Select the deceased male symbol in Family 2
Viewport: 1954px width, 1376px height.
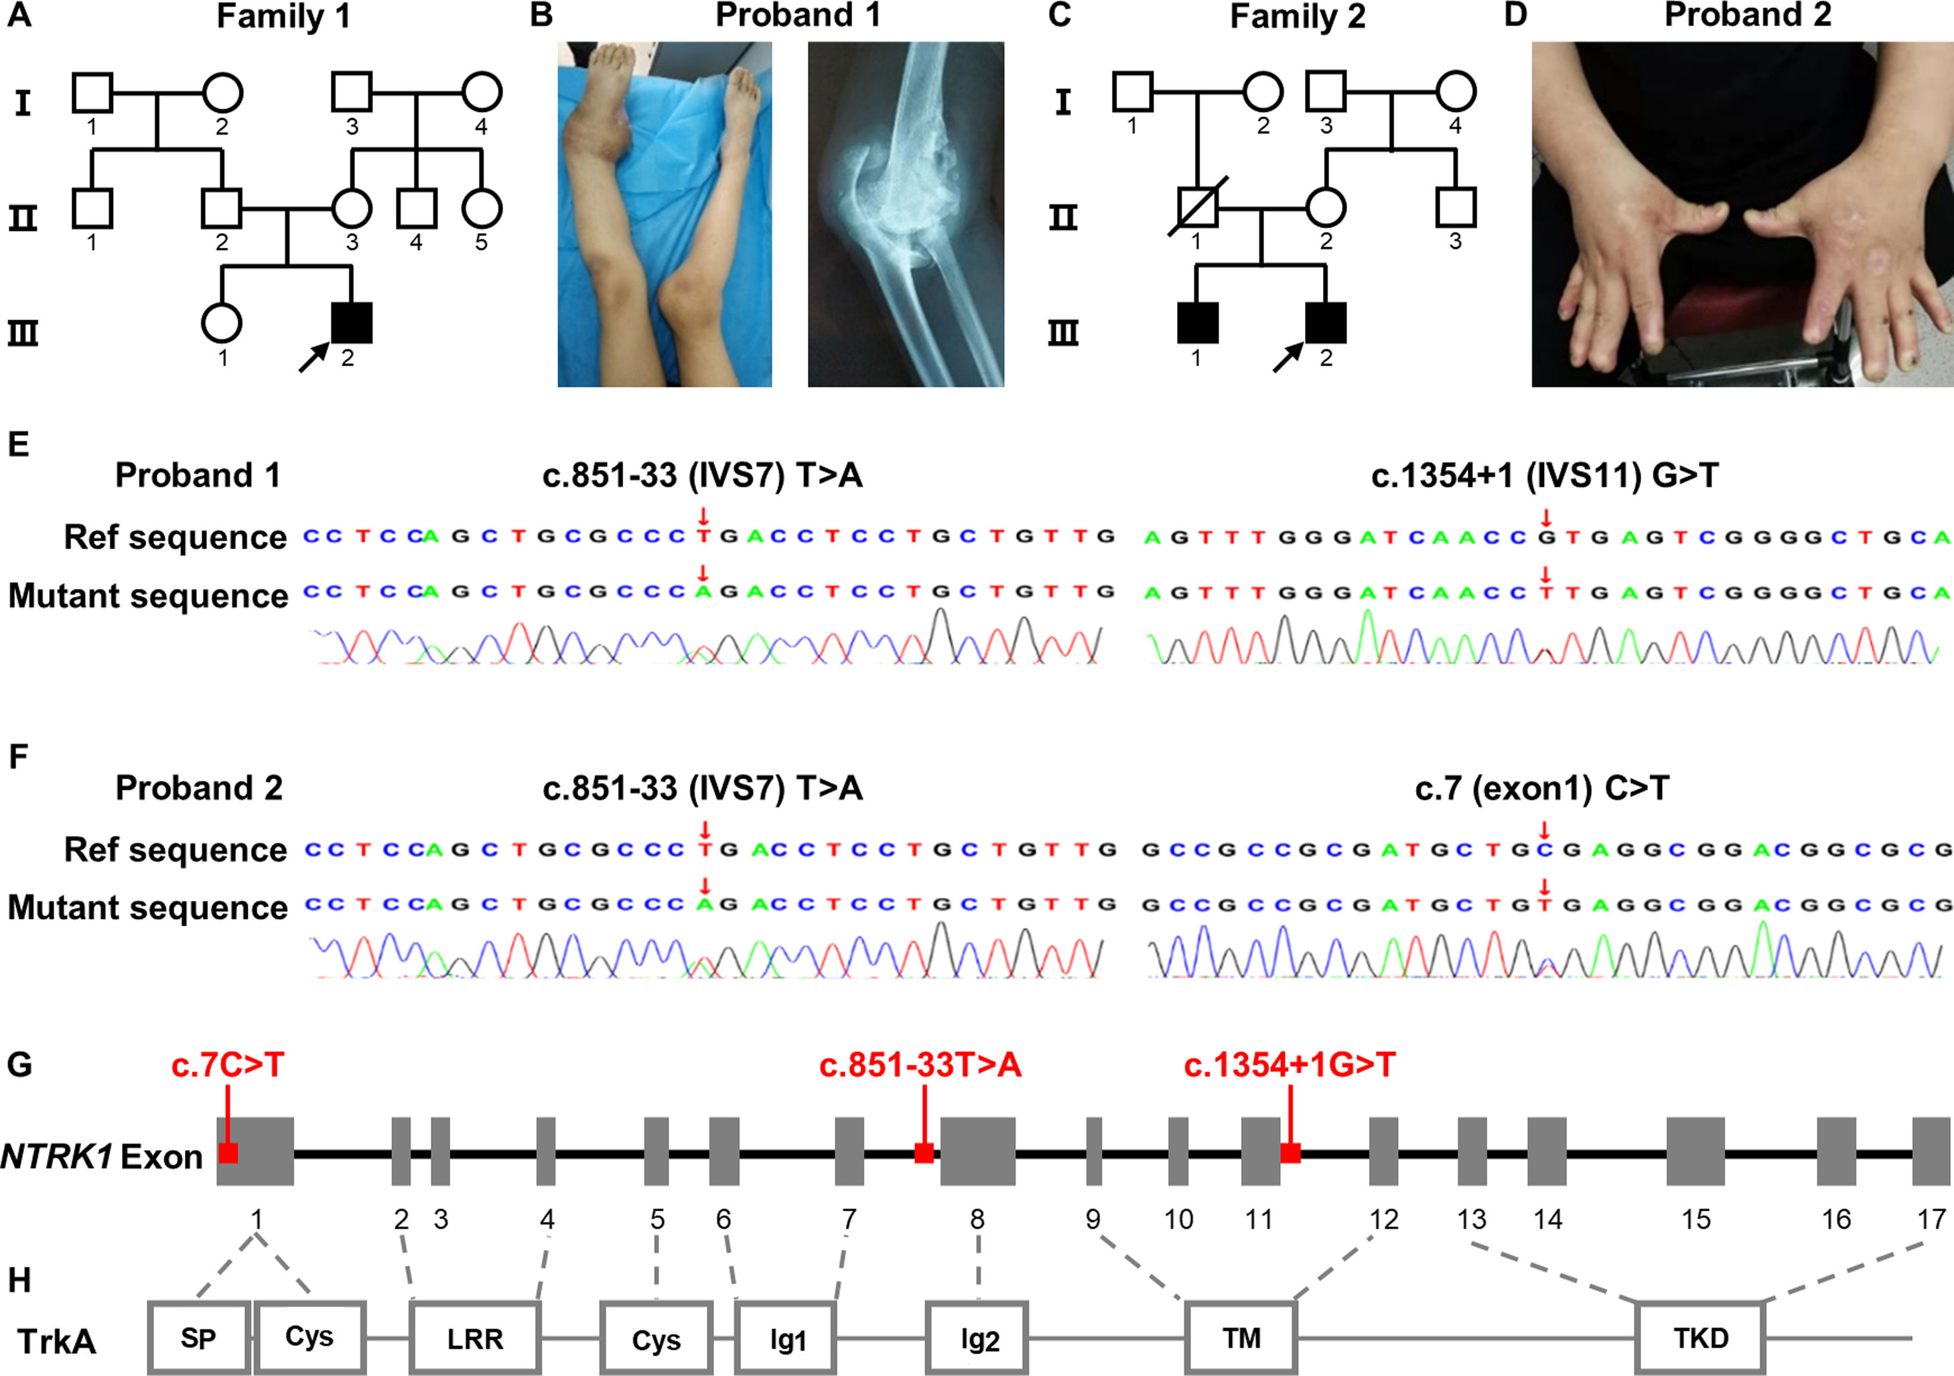click(x=1196, y=208)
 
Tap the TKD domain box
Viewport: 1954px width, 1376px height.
click(x=1700, y=1338)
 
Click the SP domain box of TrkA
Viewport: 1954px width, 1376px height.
click(x=198, y=1338)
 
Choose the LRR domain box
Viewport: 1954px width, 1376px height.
click(x=475, y=1338)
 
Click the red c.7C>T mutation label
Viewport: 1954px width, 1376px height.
click(x=227, y=1064)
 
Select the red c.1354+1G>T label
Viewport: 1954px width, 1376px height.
click(x=1289, y=1064)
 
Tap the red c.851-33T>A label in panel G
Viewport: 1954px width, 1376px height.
click(x=920, y=1064)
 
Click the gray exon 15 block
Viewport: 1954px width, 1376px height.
click(x=1695, y=1152)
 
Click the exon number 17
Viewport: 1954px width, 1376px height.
click(x=1932, y=1219)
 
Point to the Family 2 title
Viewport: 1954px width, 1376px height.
click(x=1297, y=16)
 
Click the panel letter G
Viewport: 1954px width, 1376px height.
click(x=19, y=1064)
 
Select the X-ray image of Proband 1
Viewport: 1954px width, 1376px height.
click(x=906, y=214)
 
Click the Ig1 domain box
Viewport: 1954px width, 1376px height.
click(x=786, y=1338)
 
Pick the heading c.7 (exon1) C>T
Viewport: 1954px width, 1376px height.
click(x=1541, y=788)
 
